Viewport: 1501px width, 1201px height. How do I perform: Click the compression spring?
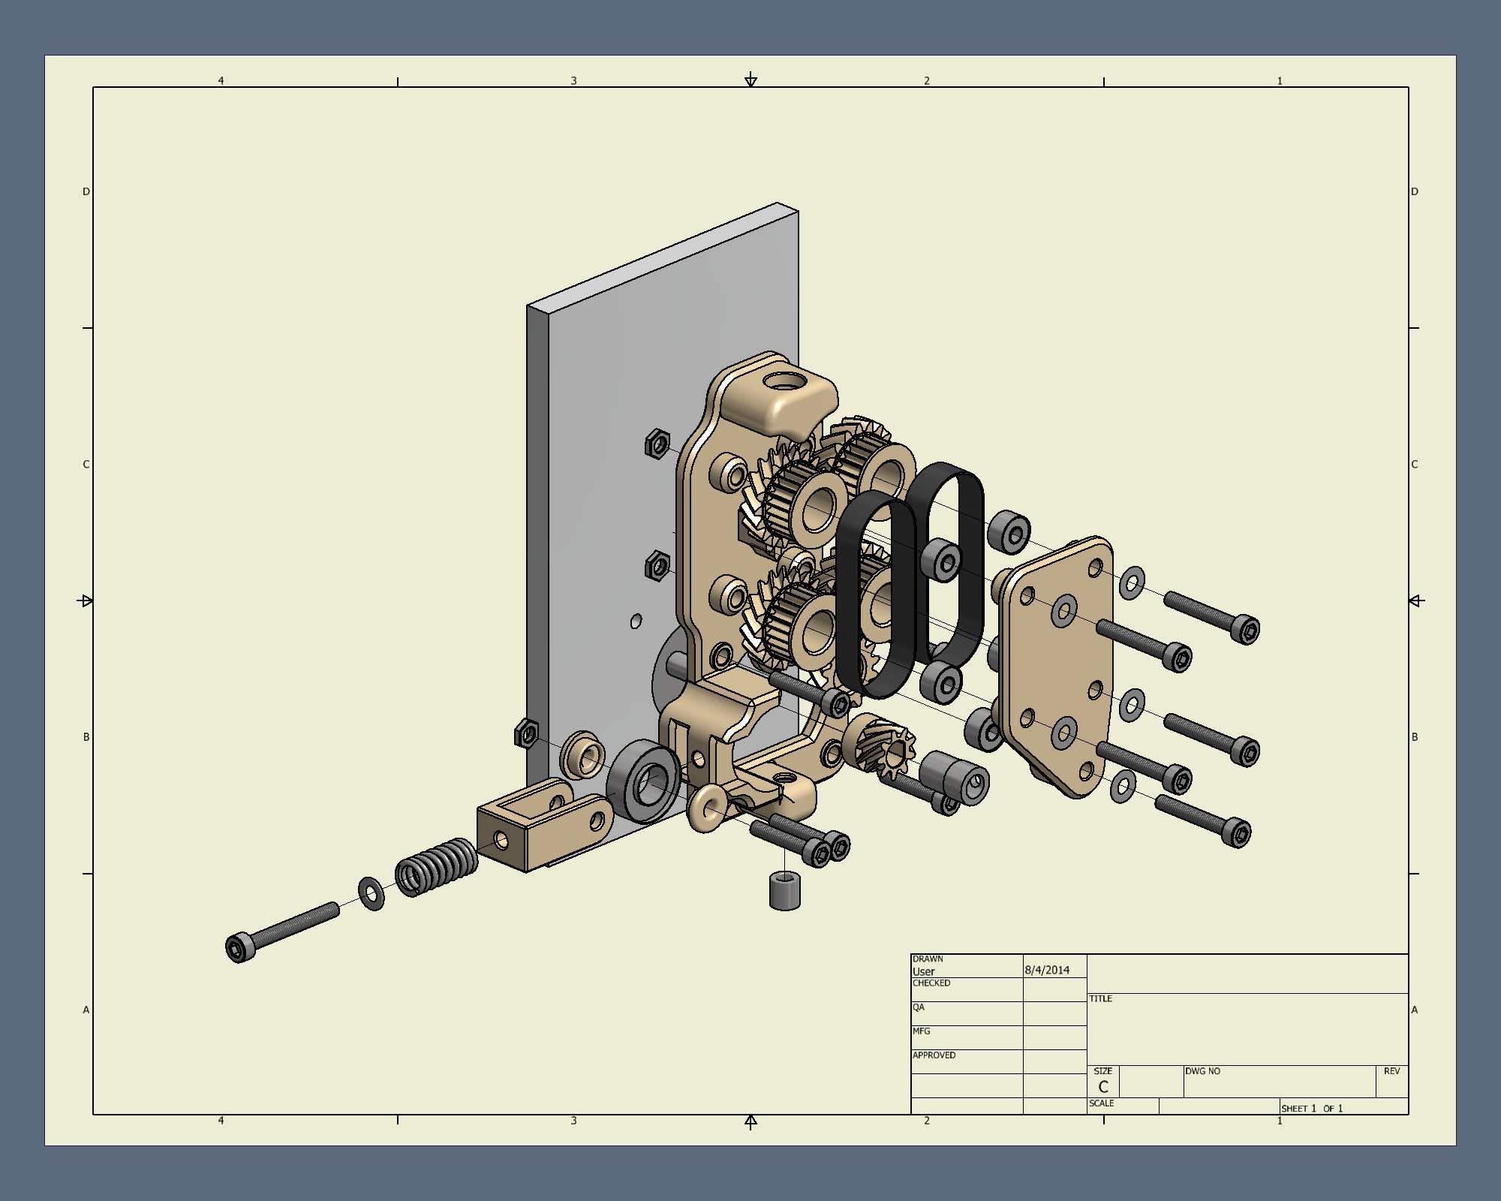click(x=436, y=868)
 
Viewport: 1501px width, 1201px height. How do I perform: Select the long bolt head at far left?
click(x=238, y=947)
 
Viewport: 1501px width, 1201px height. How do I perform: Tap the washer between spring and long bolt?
click(x=371, y=893)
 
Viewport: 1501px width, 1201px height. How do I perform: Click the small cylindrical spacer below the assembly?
click(x=785, y=890)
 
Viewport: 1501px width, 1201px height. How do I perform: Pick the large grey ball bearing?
click(x=643, y=782)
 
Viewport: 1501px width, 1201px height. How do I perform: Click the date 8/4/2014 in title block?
click(x=1047, y=970)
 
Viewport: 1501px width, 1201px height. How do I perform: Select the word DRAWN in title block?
click(x=928, y=959)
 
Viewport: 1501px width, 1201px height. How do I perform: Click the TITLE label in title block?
click(x=1100, y=998)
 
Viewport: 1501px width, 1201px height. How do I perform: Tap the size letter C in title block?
click(x=1102, y=1087)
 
